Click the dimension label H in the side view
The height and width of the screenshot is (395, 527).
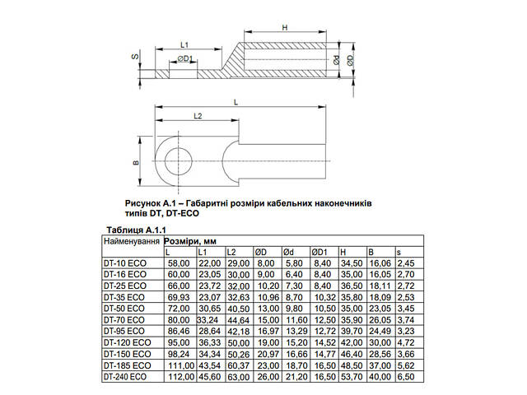[285, 29]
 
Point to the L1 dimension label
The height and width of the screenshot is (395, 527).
[184, 44]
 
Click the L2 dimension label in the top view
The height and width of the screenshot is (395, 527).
[198, 116]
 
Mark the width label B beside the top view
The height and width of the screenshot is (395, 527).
[135, 162]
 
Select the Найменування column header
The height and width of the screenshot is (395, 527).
[130, 242]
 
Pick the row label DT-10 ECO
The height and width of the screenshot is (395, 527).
[124, 263]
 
